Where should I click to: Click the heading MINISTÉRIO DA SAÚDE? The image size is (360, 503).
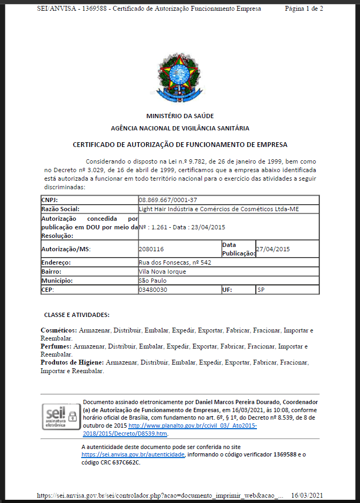point(180,116)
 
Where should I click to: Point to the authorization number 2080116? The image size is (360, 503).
point(151,249)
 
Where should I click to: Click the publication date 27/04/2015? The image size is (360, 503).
point(273,249)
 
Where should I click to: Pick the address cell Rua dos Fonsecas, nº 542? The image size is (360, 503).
point(175,262)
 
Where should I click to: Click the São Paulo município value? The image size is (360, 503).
point(153,281)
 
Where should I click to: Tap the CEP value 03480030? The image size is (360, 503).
point(153,290)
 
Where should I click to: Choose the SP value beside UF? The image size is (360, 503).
point(261,290)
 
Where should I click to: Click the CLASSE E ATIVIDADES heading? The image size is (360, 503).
point(77,315)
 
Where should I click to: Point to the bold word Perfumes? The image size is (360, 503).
point(56,346)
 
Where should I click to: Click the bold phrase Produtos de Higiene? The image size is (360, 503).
point(72,362)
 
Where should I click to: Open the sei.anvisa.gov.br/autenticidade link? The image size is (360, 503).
point(134,454)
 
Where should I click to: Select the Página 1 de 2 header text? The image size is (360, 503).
point(304,9)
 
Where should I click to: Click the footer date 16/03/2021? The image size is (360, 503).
point(307,496)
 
